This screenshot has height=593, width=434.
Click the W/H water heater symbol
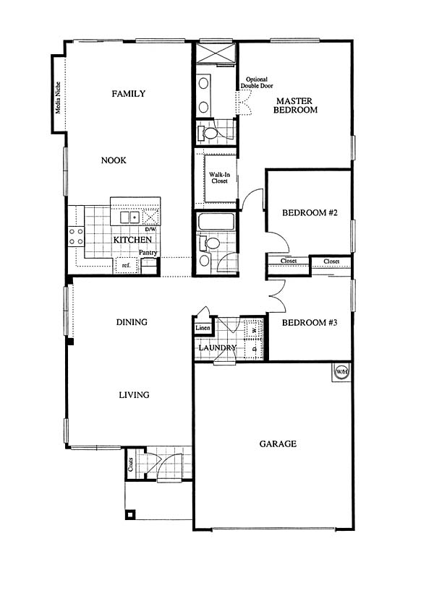tap(341, 372)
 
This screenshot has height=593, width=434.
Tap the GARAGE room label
tap(278, 443)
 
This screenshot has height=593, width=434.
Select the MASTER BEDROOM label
tap(295, 105)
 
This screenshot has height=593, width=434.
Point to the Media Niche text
tap(58, 98)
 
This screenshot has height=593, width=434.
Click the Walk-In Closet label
tap(219, 178)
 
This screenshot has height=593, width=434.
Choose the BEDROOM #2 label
tap(310, 212)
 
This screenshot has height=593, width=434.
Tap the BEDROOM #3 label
tap(310, 323)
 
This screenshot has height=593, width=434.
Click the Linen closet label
tap(203, 328)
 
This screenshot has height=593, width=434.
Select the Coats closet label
tap(130, 464)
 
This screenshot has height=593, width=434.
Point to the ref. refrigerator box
tap(126, 266)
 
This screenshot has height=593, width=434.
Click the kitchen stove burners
tap(76, 236)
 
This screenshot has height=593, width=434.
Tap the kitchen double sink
tap(130, 217)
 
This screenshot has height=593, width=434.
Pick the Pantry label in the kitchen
tap(148, 252)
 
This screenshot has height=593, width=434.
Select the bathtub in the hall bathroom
tap(216, 221)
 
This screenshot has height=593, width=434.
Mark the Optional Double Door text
tap(257, 82)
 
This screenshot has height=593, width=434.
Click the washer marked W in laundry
tap(254, 330)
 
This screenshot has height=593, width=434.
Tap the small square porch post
tap(130, 514)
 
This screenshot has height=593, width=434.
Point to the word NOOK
tap(114, 160)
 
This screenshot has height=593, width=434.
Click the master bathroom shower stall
tap(216, 53)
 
